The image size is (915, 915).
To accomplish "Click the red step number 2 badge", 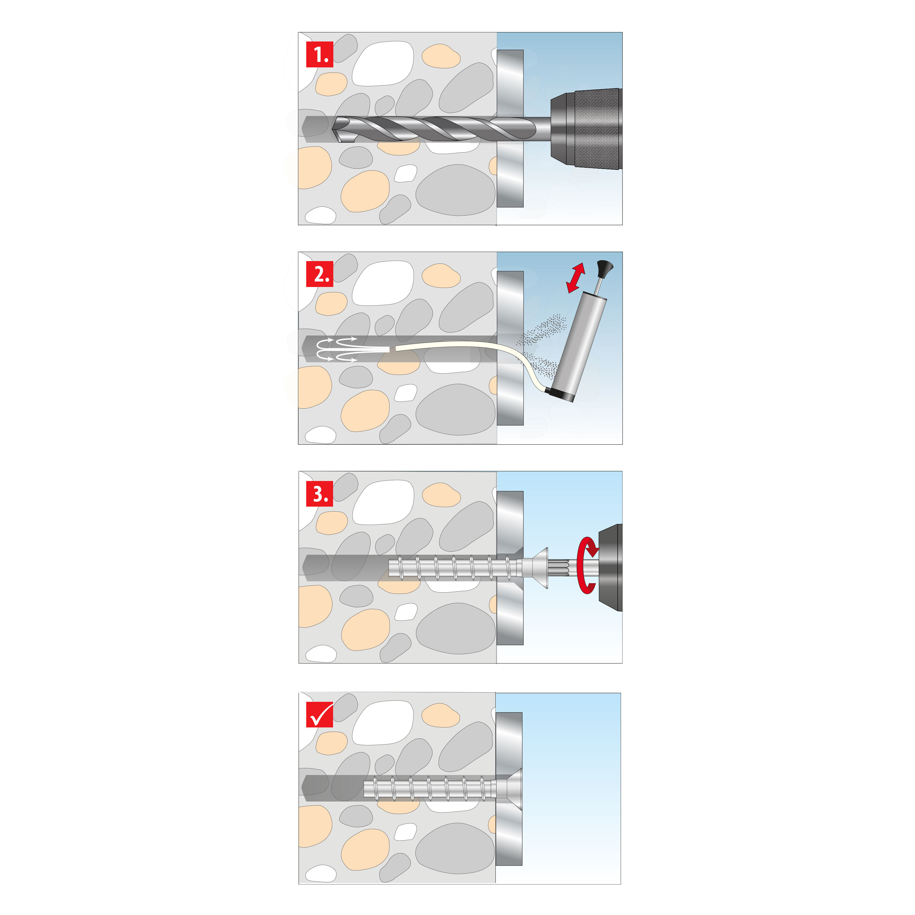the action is (320, 274).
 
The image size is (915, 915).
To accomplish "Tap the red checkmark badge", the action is (320, 714).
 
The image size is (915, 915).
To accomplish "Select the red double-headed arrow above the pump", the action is (576, 278).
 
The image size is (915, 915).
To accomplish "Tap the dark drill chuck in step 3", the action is (611, 567).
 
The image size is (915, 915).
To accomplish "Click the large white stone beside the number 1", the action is (383, 63).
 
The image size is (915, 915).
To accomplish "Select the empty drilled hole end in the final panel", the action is (332, 788).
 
